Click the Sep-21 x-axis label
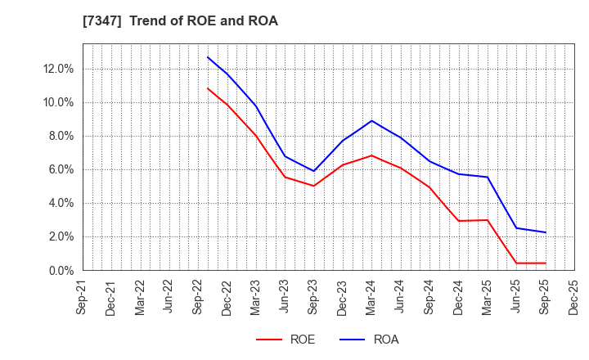(82, 296)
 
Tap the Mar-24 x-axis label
(371, 296)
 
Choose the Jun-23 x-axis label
(285, 296)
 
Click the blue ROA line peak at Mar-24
(371, 120)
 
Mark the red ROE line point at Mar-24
(371, 155)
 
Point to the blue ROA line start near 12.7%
(208, 57)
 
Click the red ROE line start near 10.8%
(208, 88)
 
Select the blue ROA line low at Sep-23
(313, 171)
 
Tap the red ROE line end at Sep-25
(545, 263)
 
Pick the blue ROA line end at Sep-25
(545, 232)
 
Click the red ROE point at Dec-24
(458, 221)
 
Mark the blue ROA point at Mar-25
(488, 178)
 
